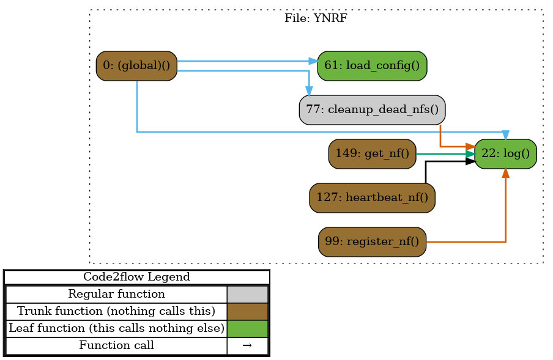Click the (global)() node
(x=136, y=66)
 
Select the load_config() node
(x=372, y=66)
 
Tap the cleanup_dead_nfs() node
(x=372, y=110)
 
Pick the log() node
(x=505, y=153)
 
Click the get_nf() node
(x=372, y=153)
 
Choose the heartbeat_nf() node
(x=372, y=197)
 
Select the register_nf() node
(x=372, y=241)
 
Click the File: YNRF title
(x=316, y=18)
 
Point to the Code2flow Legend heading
(x=136, y=277)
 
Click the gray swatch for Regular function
(x=247, y=294)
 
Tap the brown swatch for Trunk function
(x=247, y=311)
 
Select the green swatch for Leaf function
(x=247, y=328)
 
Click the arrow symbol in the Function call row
(x=247, y=345)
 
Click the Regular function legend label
(x=116, y=294)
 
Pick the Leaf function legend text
(x=116, y=328)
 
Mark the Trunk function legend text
(x=116, y=311)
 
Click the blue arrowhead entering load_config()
(x=313, y=61)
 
